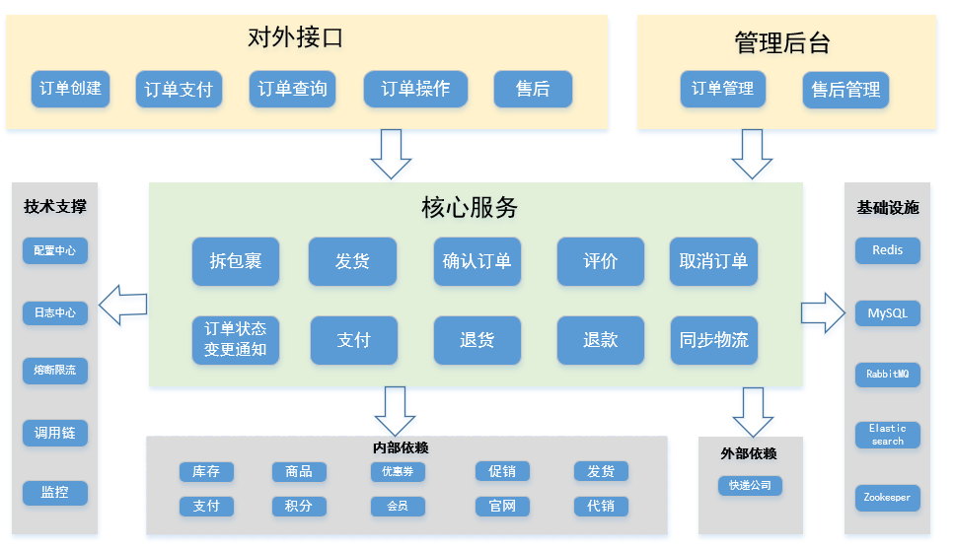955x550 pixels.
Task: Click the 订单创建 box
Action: pyautogui.click(x=70, y=89)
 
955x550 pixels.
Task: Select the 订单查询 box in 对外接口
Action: pyautogui.click(x=292, y=90)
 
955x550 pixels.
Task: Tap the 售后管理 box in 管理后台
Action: pyautogui.click(x=845, y=90)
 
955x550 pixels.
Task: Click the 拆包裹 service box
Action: pyautogui.click(x=236, y=262)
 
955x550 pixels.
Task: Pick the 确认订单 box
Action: pyautogui.click(x=477, y=262)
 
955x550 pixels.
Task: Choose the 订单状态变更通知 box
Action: pyautogui.click(x=236, y=340)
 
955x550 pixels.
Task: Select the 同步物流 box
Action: pyautogui.click(x=713, y=340)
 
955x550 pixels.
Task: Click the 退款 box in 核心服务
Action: pyautogui.click(x=600, y=340)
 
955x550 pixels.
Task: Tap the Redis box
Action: pyautogui.click(x=888, y=250)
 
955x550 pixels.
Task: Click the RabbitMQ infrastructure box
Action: pyautogui.click(x=888, y=375)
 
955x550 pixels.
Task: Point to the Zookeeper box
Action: pyautogui.click(x=888, y=499)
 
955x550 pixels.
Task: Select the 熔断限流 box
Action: pyautogui.click(x=55, y=371)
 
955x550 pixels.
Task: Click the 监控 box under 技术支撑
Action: pyautogui.click(x=55, y=492)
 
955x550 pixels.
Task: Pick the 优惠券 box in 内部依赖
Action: pyautogui.click(x=398, y=472)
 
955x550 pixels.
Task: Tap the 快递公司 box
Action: pyautogui.click(x=750, y=485)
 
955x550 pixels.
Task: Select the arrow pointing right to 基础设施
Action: pyautogui.click(x=823, y=313)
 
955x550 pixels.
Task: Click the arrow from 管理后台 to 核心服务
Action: pyautogui.click(x=752, y=154)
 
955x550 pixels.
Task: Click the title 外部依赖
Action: pyautogui.click(x=749, y=453)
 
